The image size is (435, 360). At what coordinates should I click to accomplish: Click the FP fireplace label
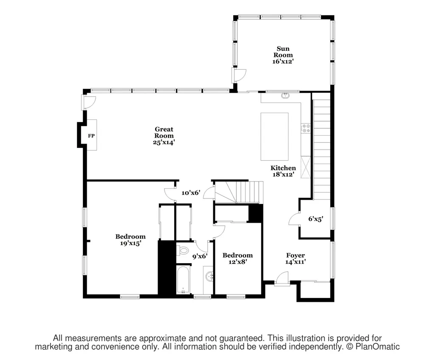click(91, 136)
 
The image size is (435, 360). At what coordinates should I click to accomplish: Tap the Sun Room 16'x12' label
click(283, 55)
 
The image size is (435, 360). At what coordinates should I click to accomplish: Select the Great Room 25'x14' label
click(164, 136)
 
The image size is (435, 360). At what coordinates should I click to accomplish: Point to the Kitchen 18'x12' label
click(283, 171)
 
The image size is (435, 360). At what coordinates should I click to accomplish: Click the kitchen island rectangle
click(274, 136)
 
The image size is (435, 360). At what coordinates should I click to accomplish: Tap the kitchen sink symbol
click(285, 96)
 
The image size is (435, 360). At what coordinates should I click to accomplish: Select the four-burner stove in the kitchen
click(306, 128)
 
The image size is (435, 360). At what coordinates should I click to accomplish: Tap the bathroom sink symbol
click(209, 276)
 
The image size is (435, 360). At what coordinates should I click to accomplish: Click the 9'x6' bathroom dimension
click(200, 256)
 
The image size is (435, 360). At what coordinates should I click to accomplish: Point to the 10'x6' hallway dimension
click(191, 193)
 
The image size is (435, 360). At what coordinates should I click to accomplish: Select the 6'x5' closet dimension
click(316, 219)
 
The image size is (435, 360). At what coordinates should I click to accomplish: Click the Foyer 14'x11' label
click(296, 258)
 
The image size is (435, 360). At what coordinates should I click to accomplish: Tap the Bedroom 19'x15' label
click(130, 240)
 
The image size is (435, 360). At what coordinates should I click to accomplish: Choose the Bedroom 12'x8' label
click(237, 258)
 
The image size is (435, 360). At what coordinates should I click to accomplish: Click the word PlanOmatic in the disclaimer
click(378, 347)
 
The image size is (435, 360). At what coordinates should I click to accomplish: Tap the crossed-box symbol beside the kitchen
click(306, 167)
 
